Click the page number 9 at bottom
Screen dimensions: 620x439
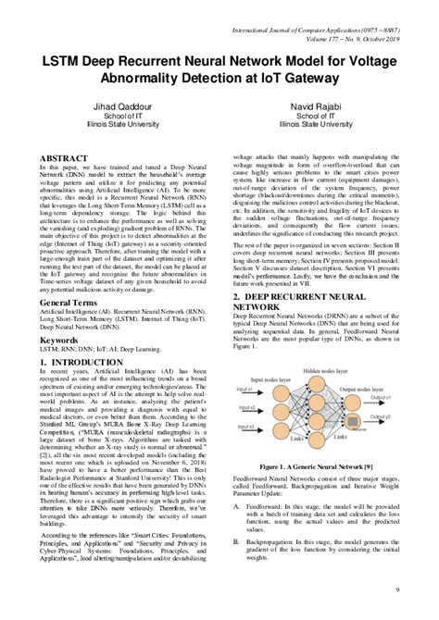421,589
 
